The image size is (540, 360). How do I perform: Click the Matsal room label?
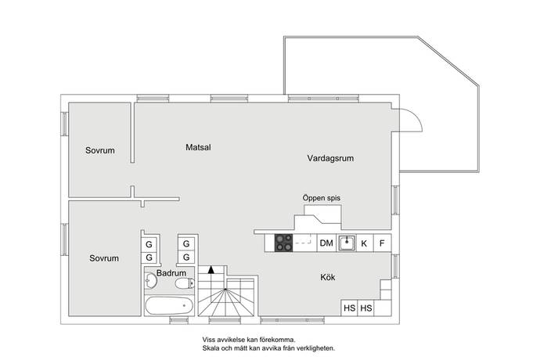coord(199,147)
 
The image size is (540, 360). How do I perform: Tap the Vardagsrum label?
coord(330,158)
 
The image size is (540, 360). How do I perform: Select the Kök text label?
coord(327,277)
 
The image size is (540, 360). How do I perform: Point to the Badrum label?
coord(171,273)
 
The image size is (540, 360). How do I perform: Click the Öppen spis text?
coord(321,199)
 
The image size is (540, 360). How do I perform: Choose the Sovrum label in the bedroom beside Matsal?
coord(100,150)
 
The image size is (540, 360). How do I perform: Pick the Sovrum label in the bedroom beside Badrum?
coord(103,258)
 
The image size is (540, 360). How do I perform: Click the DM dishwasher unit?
coord(326,243)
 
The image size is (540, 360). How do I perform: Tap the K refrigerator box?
coord(364,243)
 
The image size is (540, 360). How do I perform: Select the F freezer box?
coord(383,243)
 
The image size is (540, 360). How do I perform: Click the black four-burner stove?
coord(283,243)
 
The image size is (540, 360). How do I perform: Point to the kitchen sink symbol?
coord(347,243)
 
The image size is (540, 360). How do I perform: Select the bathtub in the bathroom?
coord(170,305)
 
